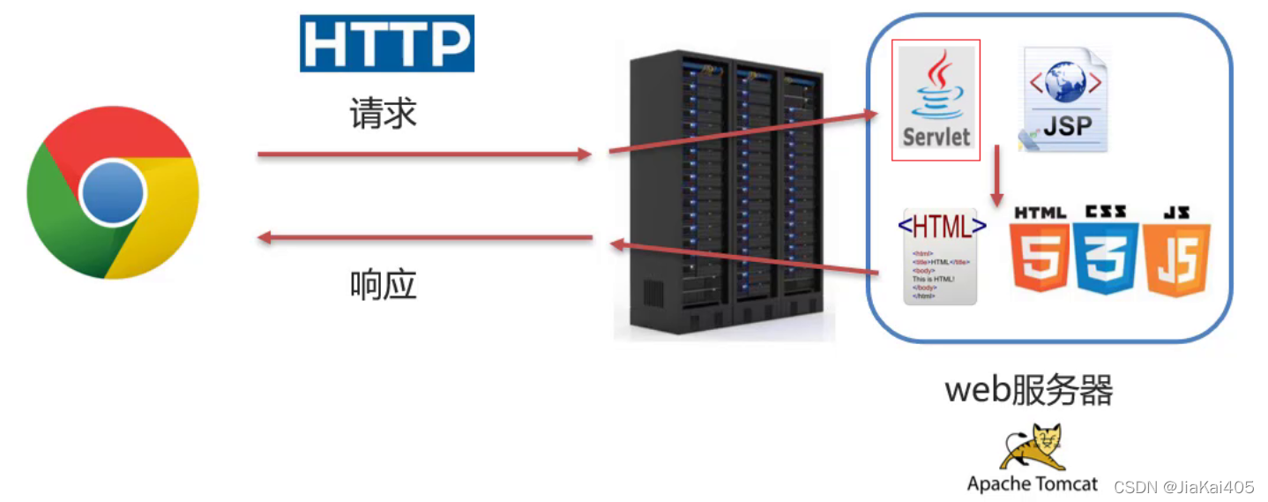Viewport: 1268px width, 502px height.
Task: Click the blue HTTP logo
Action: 386,43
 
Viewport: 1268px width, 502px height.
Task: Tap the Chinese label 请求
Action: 382,114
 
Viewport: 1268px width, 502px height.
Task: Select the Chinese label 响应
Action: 382,284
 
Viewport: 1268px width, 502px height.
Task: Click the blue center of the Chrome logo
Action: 112,192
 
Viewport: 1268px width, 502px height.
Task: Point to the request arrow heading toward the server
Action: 423,154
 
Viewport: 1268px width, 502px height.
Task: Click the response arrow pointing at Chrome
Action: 423,236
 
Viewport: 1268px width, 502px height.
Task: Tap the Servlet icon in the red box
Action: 936,100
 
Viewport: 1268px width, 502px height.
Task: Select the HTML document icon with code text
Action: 940,257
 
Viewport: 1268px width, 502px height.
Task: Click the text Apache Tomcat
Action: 1032,483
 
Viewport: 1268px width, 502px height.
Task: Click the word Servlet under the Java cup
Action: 936,137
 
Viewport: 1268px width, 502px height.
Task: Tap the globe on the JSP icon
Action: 1065,83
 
